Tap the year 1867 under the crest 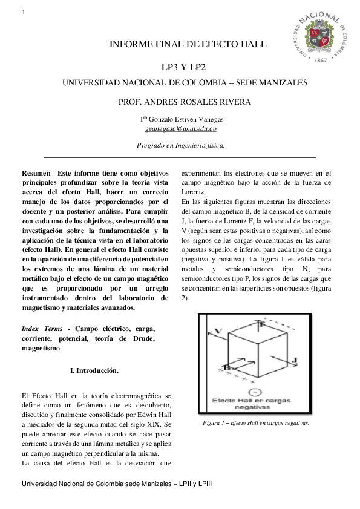coord(321,61)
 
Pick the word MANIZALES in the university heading coord(285,82)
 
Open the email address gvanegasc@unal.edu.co coord(181,128)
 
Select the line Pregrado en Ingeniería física coord(181,145)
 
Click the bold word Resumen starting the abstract coord(38,173)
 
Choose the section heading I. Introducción coord(94,369)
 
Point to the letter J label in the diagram coord(295,360)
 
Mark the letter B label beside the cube coord(225,367)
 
